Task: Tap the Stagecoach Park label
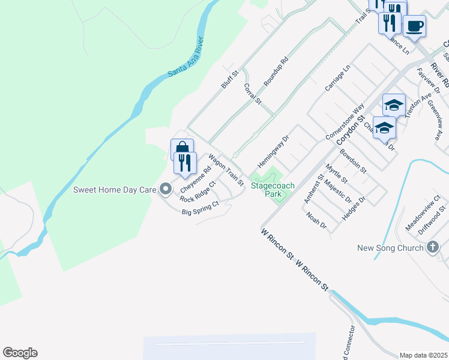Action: coord(273,190)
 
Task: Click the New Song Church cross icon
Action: coord(433,247)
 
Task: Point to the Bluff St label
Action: coord(230,80)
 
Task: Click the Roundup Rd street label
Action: coord(277,71)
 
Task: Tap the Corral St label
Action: coord(253,94)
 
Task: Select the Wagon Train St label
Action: coord(226,169)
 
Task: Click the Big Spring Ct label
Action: coord(200,208)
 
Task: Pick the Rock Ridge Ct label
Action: coord(197,191)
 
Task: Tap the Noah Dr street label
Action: coord(316,221)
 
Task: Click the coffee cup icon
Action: coord(414,26)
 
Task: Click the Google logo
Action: coord(20,353)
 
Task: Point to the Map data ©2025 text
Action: coord(423,355)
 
